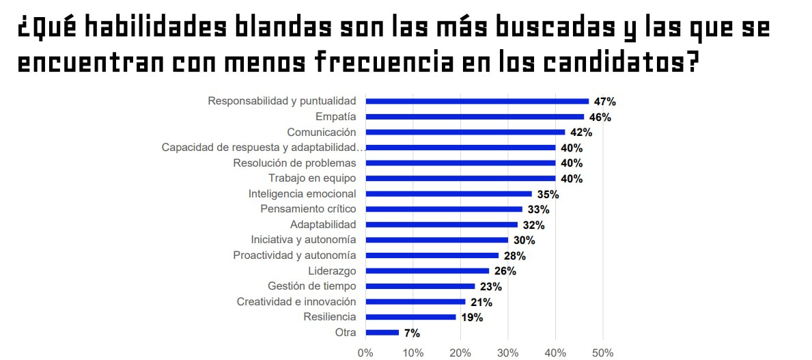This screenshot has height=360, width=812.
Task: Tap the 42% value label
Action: coord(580,133)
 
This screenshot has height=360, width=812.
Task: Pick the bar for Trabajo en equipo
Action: coord(460,178)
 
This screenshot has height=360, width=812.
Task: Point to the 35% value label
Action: coord(548,194)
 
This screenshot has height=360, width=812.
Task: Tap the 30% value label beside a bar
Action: coord(524,240)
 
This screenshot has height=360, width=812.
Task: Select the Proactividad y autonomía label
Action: coord(294,255)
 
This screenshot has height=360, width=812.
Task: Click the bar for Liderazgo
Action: coord(427,271)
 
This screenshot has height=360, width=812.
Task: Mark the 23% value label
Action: coord(490,287)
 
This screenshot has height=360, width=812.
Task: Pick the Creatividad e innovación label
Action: coord(296,301)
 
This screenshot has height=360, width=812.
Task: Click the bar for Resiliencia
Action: coord(410,317)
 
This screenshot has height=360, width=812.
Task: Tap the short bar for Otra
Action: coord(382,333)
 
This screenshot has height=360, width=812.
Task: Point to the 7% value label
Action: coord(412,333)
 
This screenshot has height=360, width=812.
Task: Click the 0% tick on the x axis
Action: coord(365,352)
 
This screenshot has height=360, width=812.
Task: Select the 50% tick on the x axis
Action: coord(602,352)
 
